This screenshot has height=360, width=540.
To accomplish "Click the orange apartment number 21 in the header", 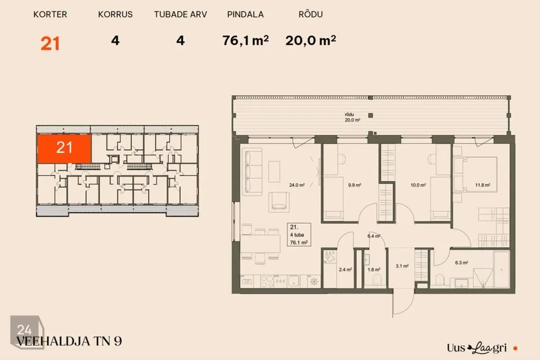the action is click(x=50, y=44).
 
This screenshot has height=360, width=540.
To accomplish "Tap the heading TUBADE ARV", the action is click(x=180, y=15).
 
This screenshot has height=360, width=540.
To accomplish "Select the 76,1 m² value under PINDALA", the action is click(x=245, y=40).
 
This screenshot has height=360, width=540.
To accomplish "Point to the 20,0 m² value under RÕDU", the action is click(x=310, y=40).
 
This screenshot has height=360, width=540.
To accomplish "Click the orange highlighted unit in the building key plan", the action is click(x=64, y=148).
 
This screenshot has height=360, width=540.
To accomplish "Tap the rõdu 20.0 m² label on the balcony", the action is click(x=352, y=117).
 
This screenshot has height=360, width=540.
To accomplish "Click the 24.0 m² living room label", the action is click(x=296, y=185).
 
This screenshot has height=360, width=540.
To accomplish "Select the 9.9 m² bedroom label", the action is click(x=354, y=185).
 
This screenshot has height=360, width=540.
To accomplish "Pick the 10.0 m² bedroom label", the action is click(x=418, y=185).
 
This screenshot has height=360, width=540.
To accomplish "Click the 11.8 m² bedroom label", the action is click(x=483, y=185).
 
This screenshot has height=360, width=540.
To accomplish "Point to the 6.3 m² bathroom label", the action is click(x=461, y=263).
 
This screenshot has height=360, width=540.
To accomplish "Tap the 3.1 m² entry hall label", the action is click(x=402, y=266).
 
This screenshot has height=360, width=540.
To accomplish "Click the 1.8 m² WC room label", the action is click(x=373, y=269).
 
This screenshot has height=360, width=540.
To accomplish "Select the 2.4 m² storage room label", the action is click(x=345, y=269).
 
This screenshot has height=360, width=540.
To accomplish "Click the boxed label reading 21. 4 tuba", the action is click(x=299, y=235).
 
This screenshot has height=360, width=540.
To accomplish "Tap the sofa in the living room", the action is click(x=252, y=172).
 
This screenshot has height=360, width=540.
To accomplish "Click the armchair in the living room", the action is click(x=279, y=202).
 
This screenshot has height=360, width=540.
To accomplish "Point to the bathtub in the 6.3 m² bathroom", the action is click(x=501, y=269).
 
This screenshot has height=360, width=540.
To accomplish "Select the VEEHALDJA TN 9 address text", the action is click(x=69, y=341).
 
